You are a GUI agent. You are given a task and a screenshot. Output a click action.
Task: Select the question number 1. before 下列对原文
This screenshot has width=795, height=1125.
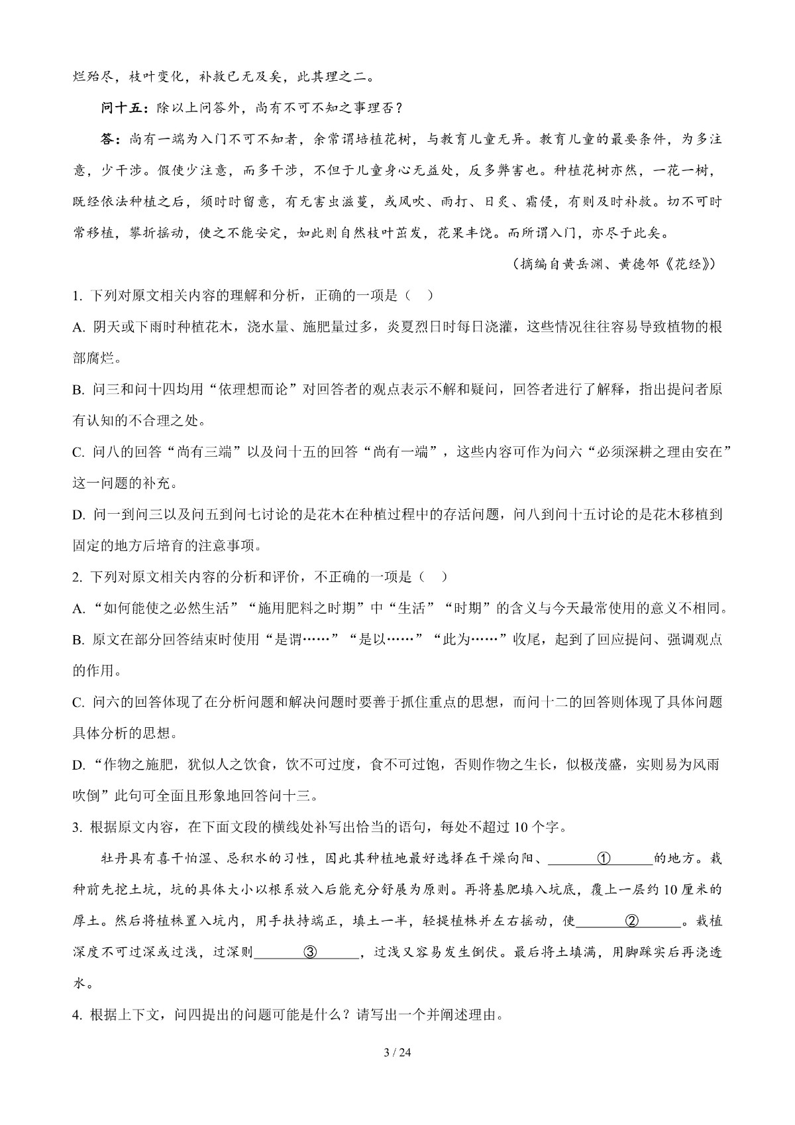tap(77, 296)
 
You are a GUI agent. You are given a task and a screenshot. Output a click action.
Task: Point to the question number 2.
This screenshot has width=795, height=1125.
tap(77, 577)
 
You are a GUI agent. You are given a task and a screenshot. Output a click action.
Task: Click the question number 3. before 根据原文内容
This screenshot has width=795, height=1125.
tap(77, 827)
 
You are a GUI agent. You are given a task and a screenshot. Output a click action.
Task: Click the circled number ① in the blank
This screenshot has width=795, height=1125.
tap(603, 859)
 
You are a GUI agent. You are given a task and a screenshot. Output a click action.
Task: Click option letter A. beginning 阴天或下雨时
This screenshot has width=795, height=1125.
tap(79, 327)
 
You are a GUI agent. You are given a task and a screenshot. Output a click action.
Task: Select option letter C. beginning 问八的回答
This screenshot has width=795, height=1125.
tap(79, 452)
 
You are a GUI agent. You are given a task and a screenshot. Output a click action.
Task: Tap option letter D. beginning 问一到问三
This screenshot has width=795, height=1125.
tap(79, 514)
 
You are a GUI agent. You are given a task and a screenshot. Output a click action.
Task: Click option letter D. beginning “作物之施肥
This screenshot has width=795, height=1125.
tap(79, 765)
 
